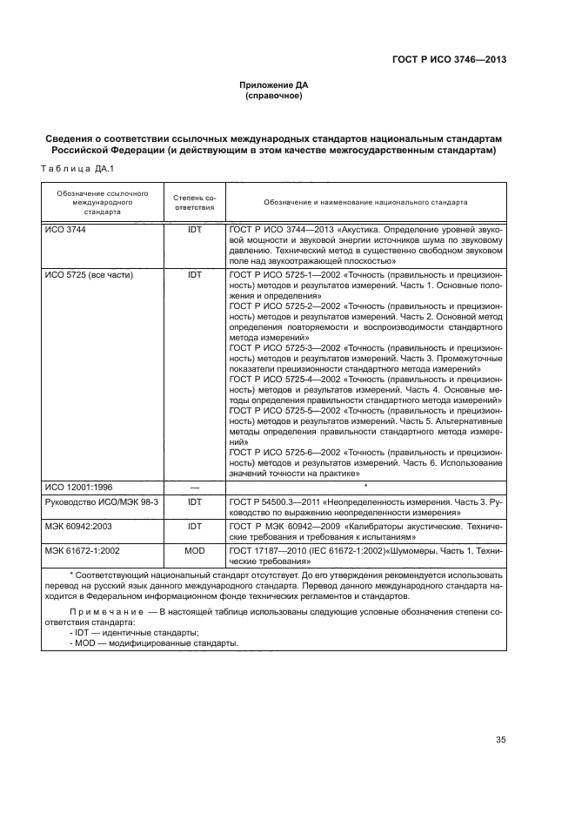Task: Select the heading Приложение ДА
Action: (273, 84)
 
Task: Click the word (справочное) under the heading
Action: (273, 96)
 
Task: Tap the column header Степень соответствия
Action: (194, 204)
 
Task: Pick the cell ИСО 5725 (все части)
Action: (88, 274)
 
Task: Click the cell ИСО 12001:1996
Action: (80, 488)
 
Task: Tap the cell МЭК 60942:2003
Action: (82, 528)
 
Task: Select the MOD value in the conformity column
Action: (194, 552)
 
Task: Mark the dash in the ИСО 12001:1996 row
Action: (194, 488)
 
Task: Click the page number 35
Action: (500, 740)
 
